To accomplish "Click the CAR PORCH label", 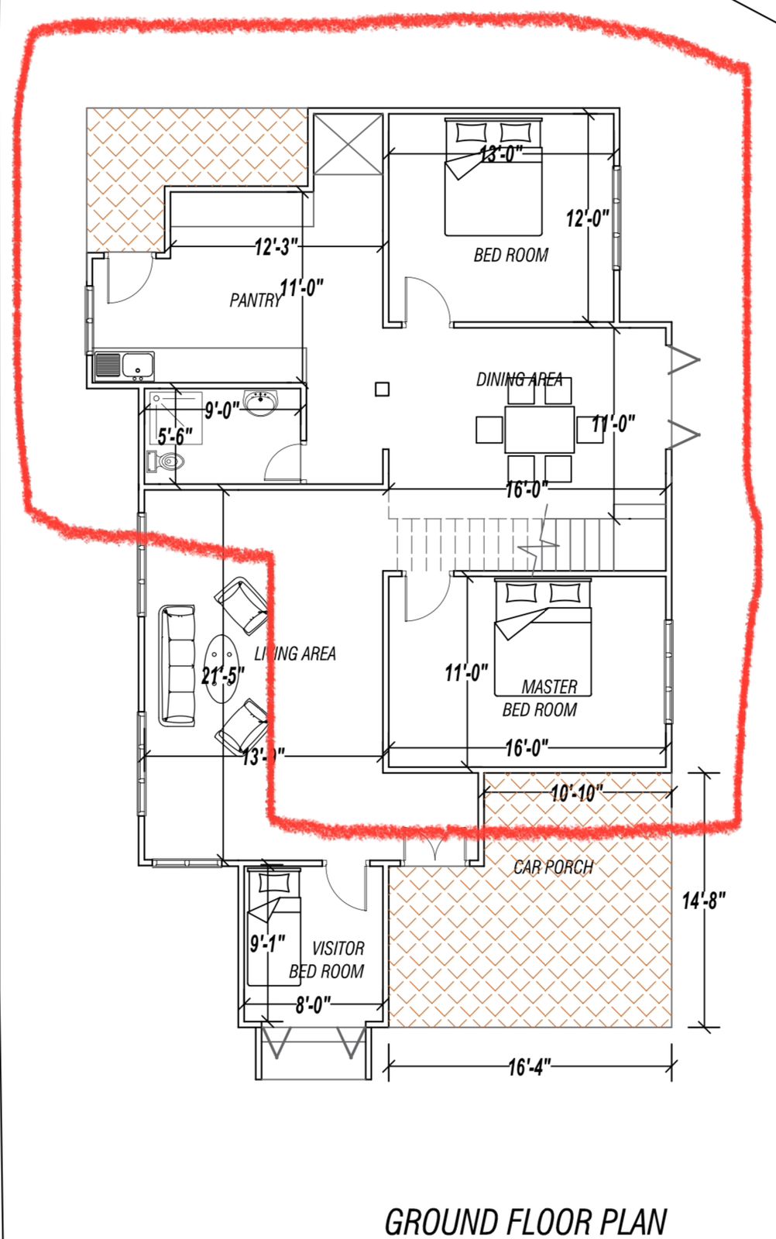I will tap(553, 867).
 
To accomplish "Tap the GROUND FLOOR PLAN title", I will tap(525, 1221).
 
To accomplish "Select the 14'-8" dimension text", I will tap(703, 901).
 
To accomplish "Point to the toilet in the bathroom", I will tap(166, 462).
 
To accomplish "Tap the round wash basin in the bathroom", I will tap(260, 403).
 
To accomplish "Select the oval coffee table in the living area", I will tap(223, 669).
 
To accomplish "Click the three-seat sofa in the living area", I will tap(177, 666).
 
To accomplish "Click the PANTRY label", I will tap(254, 300).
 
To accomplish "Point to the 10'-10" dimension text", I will tap(576, 794).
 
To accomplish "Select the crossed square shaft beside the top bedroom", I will tap(348, 145).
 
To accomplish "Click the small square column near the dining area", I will tap(382, 390).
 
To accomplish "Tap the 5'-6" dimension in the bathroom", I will tap(175, 436).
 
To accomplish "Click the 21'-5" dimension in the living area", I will tap(223, 675).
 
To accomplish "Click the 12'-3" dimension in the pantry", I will tap(276, 248).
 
